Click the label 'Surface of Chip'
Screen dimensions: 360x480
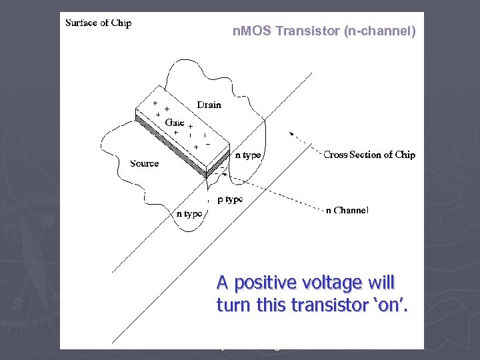coord(98,23)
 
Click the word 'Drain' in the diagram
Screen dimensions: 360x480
coord(209,105)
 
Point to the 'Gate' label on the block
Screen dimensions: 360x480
coord(174,122)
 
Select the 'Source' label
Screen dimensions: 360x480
coord(144,163)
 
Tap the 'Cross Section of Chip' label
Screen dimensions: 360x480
coord(369,155)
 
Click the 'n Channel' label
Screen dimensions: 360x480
coord(347,211)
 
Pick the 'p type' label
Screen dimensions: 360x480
coord(230,199)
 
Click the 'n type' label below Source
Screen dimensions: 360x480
coord(188,214)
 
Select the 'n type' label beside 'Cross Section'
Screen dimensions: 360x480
coord(248,155)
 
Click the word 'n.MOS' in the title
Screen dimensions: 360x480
coord(252,31)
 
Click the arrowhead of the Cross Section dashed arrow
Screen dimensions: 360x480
coord(291,133)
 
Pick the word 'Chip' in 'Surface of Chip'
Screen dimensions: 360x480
coord(121,23)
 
